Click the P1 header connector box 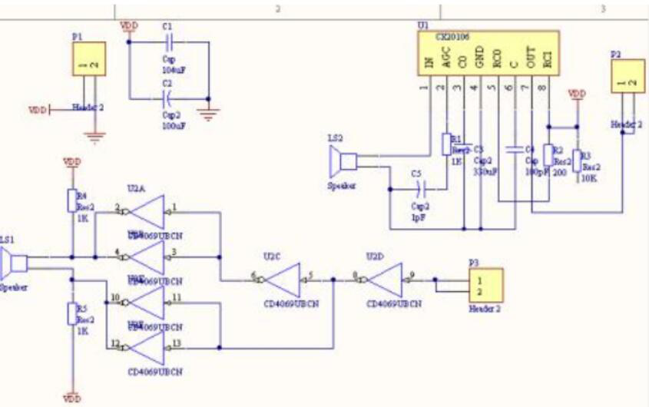[x=89, y=58]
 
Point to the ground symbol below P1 [x=95, y=137]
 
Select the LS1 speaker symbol [x=13, y=263]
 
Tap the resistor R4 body [x=72, y=200]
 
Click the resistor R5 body [x=72, y=313]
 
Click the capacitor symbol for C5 [x=419, y=188]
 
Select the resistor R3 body [x=577, y=160]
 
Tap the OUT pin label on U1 [x=530, y=59]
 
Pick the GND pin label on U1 [x=479, y=59]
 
